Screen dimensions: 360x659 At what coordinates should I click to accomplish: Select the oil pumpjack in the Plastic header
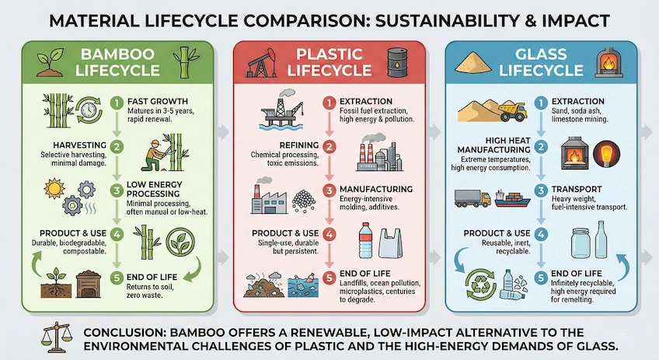(x=263, y=60)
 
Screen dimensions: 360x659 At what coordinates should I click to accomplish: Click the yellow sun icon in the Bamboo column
(x=37, y=190)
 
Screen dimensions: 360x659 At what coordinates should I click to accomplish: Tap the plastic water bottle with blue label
(x=366, y=239)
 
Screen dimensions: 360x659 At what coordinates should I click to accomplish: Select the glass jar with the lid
(x=581, y=243)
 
